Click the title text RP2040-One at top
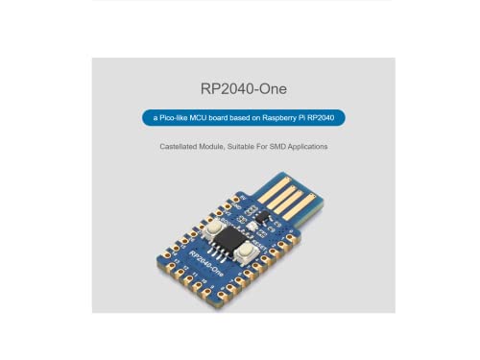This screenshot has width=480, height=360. (x=241, y=88)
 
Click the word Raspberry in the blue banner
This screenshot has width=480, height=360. (x=283, y=118)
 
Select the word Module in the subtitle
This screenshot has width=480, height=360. (x=215, y=147)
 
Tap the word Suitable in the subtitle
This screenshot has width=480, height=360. (x=246, y=147)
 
